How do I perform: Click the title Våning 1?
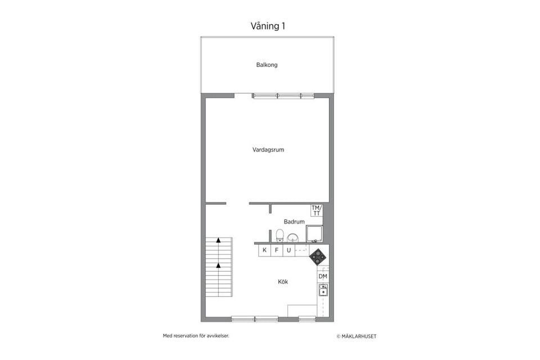[x=269, y=26]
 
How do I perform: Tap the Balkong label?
[x=267, y=65]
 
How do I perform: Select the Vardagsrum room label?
[x=267, y=150]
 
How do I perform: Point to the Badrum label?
[x=294, y=222]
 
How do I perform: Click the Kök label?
[x=283, y=282]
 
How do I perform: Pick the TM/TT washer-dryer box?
[x=317, y=210]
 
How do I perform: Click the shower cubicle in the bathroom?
[x=314, y=233]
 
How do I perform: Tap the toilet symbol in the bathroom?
[x=280, y=235]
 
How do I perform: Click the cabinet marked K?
[x=264, y=250]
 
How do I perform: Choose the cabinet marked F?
[x=277, y=250]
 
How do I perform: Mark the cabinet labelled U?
[x=289, y=250]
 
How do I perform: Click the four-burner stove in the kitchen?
[x=318, y=256]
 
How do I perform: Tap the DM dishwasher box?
[x=323, y=277]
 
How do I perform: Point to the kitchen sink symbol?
[x=323, y=290]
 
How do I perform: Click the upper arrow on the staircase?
[x=218, y=240]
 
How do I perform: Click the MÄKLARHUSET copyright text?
[x=356, y=336]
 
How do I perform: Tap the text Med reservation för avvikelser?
[x=196, y=336]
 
